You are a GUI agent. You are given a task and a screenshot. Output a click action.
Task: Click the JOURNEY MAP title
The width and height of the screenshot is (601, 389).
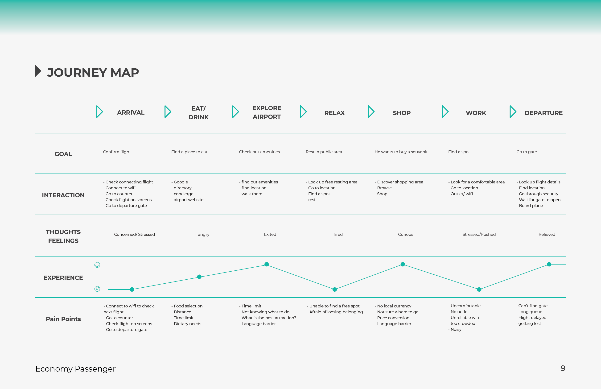coord(93,73)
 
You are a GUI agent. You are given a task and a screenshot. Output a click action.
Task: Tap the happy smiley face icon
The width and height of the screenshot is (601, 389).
coord(97,265)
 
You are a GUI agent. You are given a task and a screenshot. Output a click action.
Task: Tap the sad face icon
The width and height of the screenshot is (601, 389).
coord(97,289)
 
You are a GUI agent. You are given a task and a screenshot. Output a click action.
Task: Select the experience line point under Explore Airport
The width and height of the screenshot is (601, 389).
coord(266,264)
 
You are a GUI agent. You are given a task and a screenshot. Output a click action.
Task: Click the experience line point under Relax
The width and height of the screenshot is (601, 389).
coord(335,290)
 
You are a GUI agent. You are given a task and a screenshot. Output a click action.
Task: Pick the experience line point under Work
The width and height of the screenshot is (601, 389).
coord(479,290)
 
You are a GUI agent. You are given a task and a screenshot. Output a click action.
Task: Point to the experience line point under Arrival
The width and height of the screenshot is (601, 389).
coord(132,290)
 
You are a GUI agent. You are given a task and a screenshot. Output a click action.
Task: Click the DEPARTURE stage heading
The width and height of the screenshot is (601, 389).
coord(543,113)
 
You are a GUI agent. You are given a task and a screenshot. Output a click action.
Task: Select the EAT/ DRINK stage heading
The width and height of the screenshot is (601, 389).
coord(198,113)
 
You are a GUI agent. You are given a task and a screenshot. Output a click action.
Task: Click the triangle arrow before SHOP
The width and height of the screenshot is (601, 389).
coord(371,112)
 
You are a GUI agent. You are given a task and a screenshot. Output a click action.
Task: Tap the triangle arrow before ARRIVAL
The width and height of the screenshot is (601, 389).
coord(99,112)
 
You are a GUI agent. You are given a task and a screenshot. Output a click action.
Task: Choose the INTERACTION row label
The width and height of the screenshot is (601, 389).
coord(63,195)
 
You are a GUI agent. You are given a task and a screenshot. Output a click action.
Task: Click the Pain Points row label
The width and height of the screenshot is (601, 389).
coord(63,319)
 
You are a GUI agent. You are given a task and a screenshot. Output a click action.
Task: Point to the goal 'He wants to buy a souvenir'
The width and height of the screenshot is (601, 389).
coord(401,152)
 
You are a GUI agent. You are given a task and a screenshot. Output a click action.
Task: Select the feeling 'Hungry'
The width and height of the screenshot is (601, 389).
coord(202,234)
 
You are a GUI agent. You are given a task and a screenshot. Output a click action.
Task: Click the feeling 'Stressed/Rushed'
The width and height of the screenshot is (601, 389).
coord(479,234)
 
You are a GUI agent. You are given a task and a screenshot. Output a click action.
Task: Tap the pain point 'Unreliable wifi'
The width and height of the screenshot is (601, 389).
coord(464,318)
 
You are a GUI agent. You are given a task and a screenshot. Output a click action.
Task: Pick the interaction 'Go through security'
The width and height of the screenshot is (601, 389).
coord(537,194)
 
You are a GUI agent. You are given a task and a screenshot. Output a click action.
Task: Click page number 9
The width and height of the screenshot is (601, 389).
coord(563,368)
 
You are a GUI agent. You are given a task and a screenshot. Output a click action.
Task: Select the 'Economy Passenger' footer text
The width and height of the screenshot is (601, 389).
coord(75,369)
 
